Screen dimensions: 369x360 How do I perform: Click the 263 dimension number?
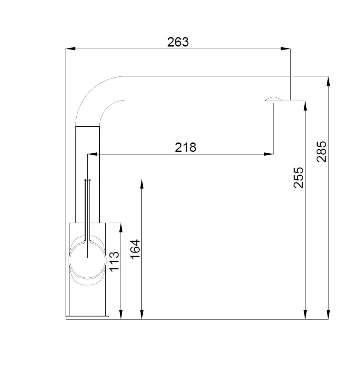coord(178,42)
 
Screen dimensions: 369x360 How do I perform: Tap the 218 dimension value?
coord(186,147)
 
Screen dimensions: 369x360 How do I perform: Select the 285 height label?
coord(322,151)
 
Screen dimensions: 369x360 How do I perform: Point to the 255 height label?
coord(299,177)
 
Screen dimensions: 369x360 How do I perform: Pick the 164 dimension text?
coord(135,249)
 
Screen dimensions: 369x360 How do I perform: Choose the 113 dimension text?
coord(114,262)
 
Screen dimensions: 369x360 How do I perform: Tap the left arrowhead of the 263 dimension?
coord(71,49)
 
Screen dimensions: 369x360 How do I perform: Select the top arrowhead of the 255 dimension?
coord(305,106)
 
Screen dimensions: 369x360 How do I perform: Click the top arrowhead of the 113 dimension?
coord(121,228)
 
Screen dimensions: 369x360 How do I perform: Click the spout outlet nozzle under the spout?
coord(273,99)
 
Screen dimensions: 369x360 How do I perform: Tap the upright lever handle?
coord(87,209)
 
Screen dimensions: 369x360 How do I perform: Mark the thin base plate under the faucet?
coord(87,317)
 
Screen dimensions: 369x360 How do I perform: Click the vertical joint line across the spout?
coord(192,88)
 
